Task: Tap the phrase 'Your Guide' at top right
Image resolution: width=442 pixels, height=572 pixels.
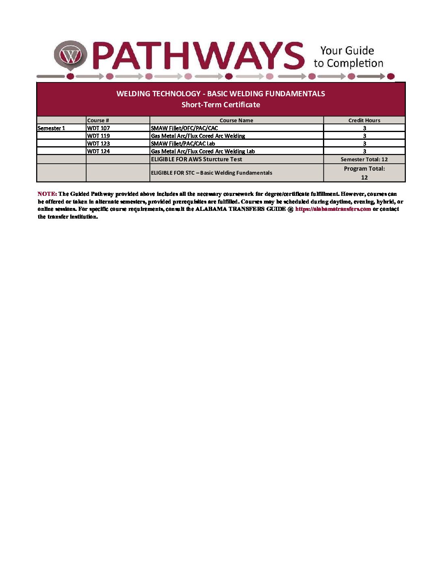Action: tap(347, 51)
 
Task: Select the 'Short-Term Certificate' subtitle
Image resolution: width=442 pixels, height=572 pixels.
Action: tap(221, 105)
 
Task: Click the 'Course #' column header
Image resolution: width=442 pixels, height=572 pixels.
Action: tap(98, 120)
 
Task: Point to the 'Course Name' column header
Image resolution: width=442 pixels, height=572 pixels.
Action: tap(236, 120)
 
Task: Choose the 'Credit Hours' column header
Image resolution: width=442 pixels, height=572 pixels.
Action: tap(364, 120)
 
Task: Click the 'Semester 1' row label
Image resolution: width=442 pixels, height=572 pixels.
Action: tap(51, 128)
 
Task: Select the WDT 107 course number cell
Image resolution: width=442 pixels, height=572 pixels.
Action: tap(98, 128)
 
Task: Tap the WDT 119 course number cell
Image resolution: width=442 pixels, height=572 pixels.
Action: tap(98, 136)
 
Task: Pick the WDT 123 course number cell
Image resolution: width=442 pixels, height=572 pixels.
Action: tap(98, 144)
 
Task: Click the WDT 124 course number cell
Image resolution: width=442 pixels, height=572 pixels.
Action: tap(98, 152)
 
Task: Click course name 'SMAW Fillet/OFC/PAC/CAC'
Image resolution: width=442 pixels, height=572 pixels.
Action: tap(184, 128)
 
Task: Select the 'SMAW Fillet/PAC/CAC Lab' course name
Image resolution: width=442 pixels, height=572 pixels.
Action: tap(183, 144)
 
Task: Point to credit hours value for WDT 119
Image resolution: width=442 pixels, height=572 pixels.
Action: tap(364, 136)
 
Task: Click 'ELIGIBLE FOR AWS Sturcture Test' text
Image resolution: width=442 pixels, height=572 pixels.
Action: tap(196, 160)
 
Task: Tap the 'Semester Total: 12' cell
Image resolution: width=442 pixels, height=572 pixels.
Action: tap(364, 160)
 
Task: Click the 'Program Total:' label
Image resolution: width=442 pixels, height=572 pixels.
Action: tap(364, 169)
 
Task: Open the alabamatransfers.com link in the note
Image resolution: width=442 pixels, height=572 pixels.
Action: tap(333, 209)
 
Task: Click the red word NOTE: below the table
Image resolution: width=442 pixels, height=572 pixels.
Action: tap(47, 194)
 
